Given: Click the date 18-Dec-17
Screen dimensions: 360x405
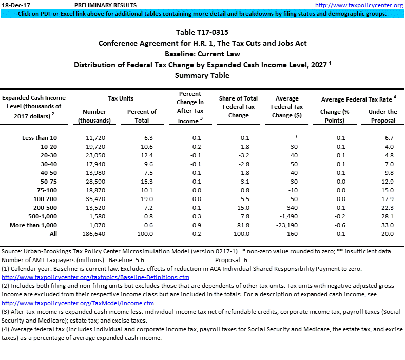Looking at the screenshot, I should pos(14,5).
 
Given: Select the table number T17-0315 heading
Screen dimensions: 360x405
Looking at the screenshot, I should pos(202,32).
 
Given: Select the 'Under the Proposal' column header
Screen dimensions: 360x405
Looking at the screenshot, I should pos(382,116).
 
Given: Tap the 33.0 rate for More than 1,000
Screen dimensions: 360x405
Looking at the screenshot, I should pos(388,224).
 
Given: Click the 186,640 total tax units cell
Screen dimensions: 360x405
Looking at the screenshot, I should pos(94,234).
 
